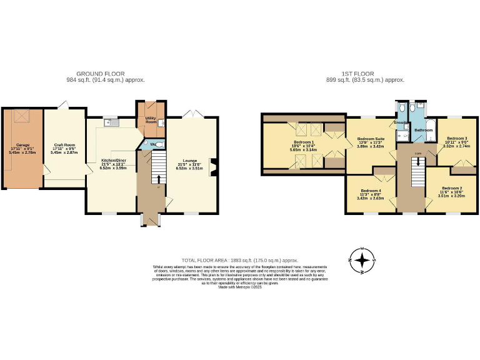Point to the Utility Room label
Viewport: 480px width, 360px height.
click(x=151, y=119)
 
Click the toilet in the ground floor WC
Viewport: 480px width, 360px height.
click(x=159, y=144)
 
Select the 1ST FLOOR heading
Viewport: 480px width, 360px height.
click(x=365, y=74)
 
